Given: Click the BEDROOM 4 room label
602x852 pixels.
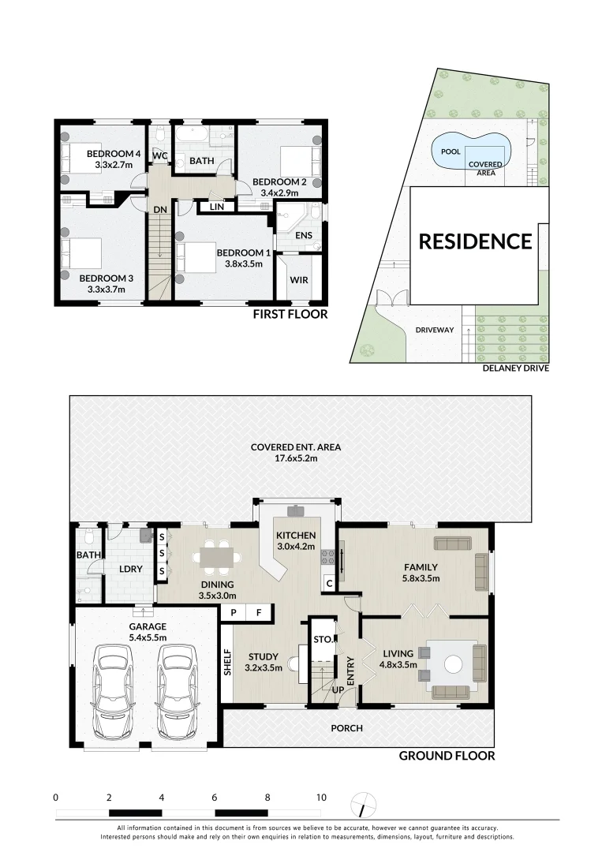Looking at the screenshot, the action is click(x=114, y=154).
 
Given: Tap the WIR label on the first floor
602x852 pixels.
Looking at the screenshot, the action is click(x=299, y=280).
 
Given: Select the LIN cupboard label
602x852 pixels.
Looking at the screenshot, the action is click(x=216, y=207).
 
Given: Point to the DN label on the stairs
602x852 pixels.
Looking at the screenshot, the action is click(x=159, y=210).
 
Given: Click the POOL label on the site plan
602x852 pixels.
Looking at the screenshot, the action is click(x=451, y=151).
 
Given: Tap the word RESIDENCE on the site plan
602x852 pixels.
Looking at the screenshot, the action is click(x=475, y=241).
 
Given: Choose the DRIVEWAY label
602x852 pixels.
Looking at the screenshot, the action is click(x=435, y=330).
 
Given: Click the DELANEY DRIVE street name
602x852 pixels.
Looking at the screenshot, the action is click(x=516, y=368).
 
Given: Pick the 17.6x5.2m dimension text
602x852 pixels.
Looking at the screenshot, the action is click(x=296, y=458).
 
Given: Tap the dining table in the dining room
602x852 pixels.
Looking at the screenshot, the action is click(x=217, y=558).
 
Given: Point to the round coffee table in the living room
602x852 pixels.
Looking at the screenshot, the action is click(x=453, y=664).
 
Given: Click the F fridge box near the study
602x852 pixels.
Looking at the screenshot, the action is click(x=259, y=613).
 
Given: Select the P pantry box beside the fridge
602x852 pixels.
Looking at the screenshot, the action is click(x=234, y=613).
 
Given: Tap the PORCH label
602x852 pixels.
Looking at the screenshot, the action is click(x=346, y=728).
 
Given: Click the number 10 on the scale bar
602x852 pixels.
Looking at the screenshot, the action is click(x=321, y=798).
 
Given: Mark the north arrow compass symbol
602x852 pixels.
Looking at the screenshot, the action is click(x=364, y=805).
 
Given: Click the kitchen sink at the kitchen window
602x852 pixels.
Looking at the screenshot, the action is click(x=296, y=510).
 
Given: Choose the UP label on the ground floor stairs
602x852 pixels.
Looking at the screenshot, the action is click(x=338, y=689).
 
